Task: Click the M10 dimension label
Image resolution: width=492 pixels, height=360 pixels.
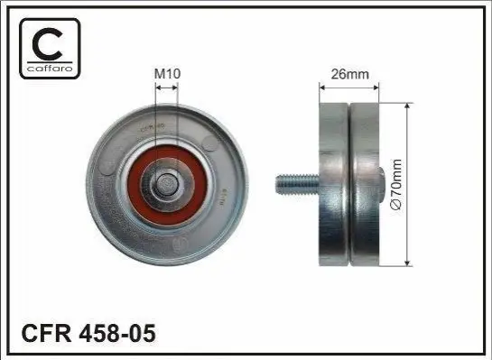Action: (x=167, y=74)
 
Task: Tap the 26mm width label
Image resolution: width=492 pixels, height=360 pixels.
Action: (x=349, y=74)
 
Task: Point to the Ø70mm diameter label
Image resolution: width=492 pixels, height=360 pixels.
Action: (x=396, y=184)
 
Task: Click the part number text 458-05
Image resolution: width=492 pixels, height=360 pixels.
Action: (x=117, y=333)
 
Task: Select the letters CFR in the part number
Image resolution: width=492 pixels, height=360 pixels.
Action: (x=46, y=333)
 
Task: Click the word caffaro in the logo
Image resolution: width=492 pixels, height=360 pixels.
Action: (x=50, y=68)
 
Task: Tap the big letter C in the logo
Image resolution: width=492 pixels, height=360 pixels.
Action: (x=48, y=44)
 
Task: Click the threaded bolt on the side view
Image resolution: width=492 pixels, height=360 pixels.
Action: (x=298, y=185)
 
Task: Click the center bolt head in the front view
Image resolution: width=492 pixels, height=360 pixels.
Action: (x=167, y=184)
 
